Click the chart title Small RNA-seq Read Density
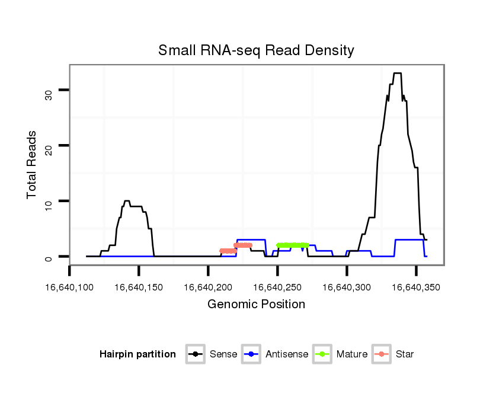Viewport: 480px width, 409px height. [256, 50]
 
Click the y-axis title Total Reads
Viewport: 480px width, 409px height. [33, 165]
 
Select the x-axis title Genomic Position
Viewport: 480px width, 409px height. [256, 305]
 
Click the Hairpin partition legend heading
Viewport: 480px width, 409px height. [137, 354]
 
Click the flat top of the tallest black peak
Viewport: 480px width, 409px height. [397, 74]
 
